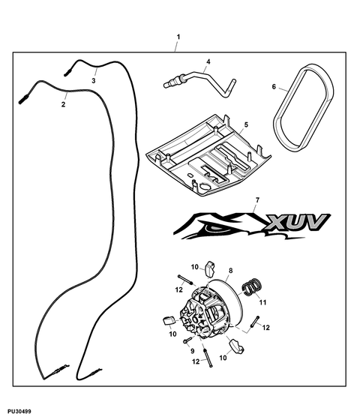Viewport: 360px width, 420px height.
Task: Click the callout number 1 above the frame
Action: (x=178, y=37)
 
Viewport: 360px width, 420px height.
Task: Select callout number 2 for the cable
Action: (x=63, y=104)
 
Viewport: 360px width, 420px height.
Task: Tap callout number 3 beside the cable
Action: (x=94, y=81)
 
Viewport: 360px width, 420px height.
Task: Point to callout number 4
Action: (x=208, y=61)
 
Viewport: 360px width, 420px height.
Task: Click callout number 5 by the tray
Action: (x=246, y=124)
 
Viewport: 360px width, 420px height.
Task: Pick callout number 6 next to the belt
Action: (x=274, y=87)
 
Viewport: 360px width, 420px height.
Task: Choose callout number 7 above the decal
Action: (x=258, y=199)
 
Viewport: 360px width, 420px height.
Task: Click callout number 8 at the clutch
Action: (x=231, y=271)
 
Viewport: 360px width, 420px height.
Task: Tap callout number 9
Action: (x=192, y=351)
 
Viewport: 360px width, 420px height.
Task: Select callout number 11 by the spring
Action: (x=263, y=302)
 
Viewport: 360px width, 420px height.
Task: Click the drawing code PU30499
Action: (x=19, y=411)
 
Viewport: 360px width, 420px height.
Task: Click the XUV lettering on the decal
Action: (x=296, y=222)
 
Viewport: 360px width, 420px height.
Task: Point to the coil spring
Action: (x=252, y=287)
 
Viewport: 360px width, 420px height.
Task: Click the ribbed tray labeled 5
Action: (x=208, y=155)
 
